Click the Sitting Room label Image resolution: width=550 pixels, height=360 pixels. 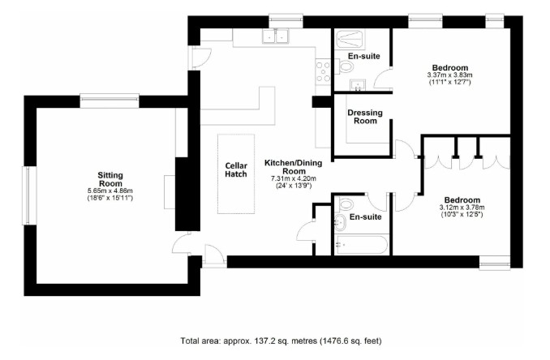pyautogui.click(x=110, y=179)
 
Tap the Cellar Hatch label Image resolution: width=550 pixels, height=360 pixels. pyautogui.click(x=236, y=169)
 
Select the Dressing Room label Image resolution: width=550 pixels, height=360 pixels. pyautogui.click(x=364, y=116)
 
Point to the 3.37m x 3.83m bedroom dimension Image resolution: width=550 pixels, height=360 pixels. pyautogui.click(x=449, y=75)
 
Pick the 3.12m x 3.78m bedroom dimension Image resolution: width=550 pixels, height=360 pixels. pyautogui.click(x=461, y=208)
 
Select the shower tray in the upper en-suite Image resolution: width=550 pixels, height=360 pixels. pyautogui.click(x=350, y=38)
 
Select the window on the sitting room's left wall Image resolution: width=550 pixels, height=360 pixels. pyautogui.click(x=28, y=195)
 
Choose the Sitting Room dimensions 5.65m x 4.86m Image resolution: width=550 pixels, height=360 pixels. pyautogui.click(x=110, y=193)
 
